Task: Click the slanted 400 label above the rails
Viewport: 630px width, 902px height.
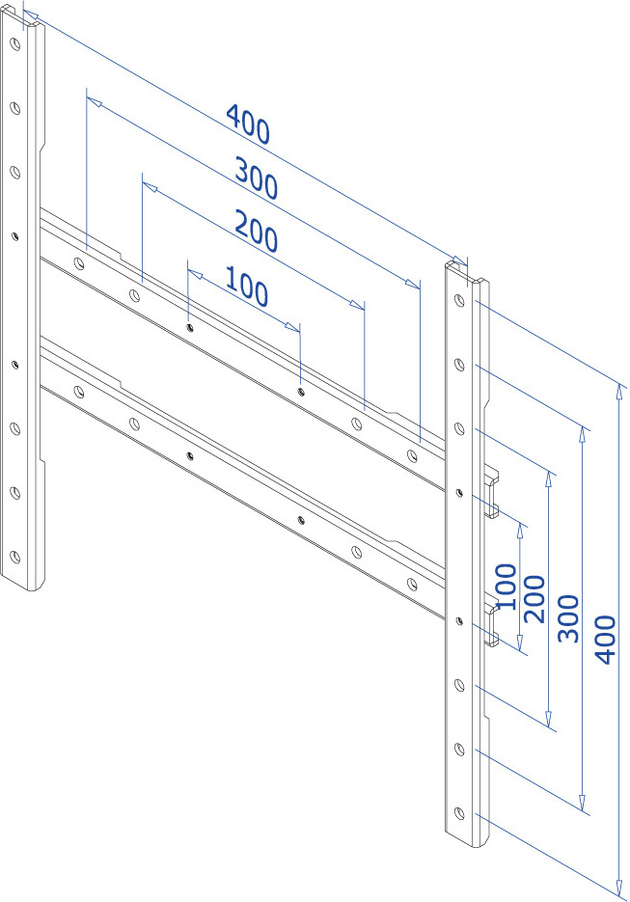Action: (x=248, y=123)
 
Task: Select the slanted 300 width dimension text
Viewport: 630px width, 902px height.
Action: (x=257, y=178)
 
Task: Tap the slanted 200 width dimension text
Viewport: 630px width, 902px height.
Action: (x=257, y=232)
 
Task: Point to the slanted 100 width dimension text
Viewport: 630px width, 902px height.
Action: (x=247, y=286)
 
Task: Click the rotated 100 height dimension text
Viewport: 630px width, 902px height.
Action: (x=507, y=587)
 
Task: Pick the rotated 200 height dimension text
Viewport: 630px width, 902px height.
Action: (x=534, y=598)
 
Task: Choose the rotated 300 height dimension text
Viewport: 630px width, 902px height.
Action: (x=568, y=618)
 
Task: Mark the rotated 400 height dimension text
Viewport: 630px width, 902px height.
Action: (x=605, y=640)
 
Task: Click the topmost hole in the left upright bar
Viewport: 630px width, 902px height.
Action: (x=15, y=43)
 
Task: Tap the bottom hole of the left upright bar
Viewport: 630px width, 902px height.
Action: (x=15, y=557)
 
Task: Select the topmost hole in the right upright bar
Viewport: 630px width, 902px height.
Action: (x=459, y=300)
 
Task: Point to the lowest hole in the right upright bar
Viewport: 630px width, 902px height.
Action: (x=459, y=813)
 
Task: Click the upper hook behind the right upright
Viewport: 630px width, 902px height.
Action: (x=491, y=493)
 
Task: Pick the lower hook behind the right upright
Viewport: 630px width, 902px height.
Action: (x=491, y=622)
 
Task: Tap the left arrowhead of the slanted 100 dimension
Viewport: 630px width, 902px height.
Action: (x=195, y=273)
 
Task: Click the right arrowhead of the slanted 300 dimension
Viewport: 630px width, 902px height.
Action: (x=414, y=285)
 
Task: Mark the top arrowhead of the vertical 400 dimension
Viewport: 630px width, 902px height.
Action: (x=619, y=391)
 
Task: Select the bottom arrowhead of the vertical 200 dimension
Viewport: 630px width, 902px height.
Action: (x=549, y=719)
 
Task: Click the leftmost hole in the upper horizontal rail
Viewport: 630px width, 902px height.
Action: (x=79, y=263)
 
